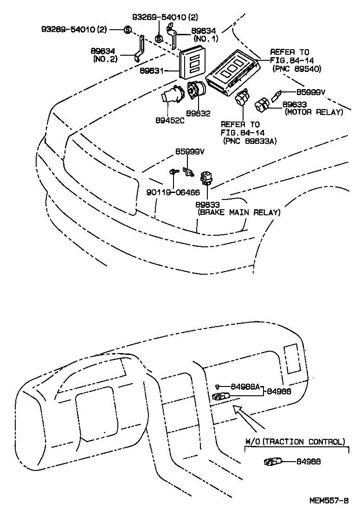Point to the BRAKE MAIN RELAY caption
tap(239, 212)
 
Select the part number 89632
tap(198, 113)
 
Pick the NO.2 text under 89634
tap(105, 59)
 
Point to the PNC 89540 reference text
tap(297, 69)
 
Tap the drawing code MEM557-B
tap(329, 501)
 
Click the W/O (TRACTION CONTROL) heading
tap(295, 442)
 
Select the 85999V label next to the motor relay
tap(310, 92)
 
